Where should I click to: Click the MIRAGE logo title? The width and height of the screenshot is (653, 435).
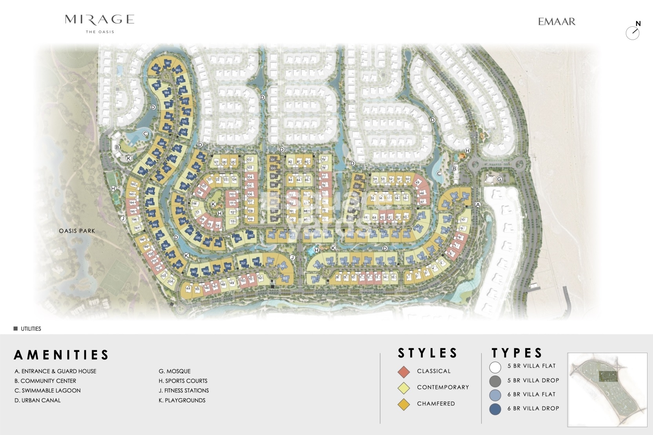(x=100, y=20)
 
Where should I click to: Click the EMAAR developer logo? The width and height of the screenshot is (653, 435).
(x=557, y=22)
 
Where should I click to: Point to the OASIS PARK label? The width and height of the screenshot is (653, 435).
(x=77, y=231)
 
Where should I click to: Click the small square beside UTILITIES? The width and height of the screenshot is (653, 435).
(x=16, y=328)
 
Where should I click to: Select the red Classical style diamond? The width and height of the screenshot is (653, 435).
(x=404, y=372)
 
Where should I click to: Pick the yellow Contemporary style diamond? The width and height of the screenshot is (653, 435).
(x=404, y=388)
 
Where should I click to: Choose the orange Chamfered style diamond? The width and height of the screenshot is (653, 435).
(x=404, y=404)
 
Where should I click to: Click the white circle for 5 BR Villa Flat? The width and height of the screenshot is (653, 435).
(x=495, y=367)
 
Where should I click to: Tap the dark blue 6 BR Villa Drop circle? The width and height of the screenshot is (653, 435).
(x=495, y=409)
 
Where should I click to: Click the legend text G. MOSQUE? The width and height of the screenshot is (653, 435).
(x=175, y=371)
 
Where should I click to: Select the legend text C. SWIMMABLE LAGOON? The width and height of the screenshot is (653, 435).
(x=47, y=390)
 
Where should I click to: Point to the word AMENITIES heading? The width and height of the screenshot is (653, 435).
(x=61, y=355)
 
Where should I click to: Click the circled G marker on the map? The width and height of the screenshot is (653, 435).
(x=499, y=179)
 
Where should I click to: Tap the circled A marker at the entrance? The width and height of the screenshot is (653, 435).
(x=478, y=204)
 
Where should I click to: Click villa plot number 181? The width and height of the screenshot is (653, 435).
(x=168, y=63)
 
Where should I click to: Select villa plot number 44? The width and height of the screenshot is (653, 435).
(x=188, y=288)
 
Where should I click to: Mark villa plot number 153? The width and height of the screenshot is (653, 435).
(x=285, y=279)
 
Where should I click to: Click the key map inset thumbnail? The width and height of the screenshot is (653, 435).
(x=607, y=390)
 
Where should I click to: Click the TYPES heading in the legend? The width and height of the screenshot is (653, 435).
(x=517, y=353)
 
